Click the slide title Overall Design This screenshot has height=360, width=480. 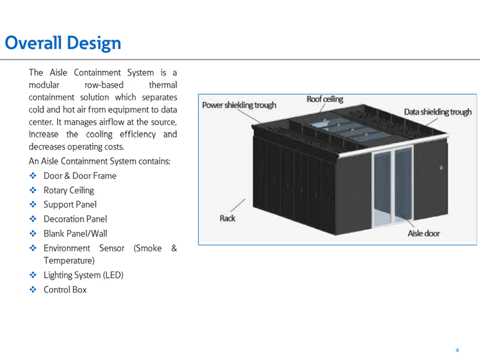[x=63, y=43]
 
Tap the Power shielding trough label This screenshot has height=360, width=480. [x=239, y=105]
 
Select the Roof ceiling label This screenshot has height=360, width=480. [x=325, y=99]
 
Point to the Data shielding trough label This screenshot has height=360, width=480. [x=438, y=112]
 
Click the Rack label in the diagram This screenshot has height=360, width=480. [x=227, y=218]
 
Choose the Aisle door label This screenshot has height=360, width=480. [x=424, y=233]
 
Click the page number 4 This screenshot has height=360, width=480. [x=457, y=350]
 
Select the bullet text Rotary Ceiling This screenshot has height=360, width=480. [x=69, y=190]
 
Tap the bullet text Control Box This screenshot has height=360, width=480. [x=65, y=290]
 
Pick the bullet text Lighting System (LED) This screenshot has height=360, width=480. [x=83, y=275]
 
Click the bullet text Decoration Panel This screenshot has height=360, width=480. [x=75, y=219]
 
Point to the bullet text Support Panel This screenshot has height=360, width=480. [x=70, y=204]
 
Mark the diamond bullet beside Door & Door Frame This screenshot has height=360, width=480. [x=33, y=176]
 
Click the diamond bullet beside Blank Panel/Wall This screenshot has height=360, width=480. [x=33, y=233]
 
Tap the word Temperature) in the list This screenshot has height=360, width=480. [x=69, y=261]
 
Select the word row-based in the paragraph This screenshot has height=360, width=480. [x=104, y=85]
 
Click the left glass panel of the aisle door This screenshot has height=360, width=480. [x=382, y=188]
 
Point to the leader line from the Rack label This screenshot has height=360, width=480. [x=238, y=205]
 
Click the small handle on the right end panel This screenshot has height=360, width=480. [x=441, y=168]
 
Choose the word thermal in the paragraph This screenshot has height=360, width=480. [x=163, y=85]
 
